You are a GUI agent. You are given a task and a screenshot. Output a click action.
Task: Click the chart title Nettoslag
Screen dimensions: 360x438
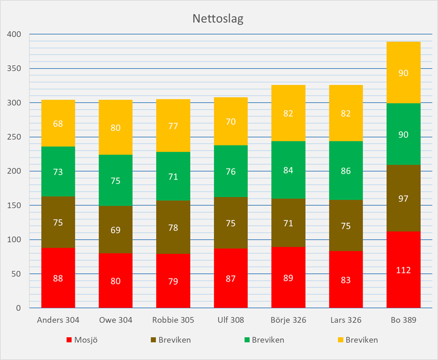tap(218, 19)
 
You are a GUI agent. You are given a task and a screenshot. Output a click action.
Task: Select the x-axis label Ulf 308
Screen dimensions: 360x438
tap(231, 320)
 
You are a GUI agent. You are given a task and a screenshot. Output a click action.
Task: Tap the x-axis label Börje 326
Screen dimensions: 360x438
tap(288, 320)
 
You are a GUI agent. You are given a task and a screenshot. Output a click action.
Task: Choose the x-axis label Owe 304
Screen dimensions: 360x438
tap(115, 320)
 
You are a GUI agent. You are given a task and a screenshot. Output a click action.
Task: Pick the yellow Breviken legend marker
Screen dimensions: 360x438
tap(339, 340)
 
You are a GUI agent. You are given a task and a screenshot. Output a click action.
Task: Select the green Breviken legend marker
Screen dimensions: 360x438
tap(246, 340)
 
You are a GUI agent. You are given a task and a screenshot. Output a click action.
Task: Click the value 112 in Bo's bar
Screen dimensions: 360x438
tap(404, 270)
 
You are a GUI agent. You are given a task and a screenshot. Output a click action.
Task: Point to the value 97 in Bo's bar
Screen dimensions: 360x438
tap(404, 199)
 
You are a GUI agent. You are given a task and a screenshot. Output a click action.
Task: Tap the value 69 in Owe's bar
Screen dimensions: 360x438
tap(115, 230)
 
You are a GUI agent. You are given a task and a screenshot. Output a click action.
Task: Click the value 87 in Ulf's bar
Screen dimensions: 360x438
tap(231, 279)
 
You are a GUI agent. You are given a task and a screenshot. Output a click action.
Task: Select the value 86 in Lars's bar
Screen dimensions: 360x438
tap(346, 171)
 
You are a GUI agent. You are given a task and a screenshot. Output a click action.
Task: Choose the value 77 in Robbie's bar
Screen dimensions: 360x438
tap(173, 126)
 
